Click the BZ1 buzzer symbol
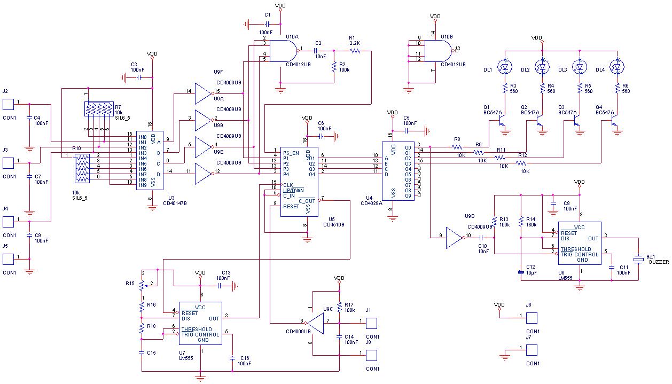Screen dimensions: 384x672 coord(638,260)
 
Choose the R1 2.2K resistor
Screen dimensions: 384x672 coord(355,51)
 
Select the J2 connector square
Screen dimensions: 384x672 coord(8,104)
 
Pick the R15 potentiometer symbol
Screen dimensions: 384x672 coord(142,284)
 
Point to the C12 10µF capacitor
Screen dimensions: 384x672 coord(521,272)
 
